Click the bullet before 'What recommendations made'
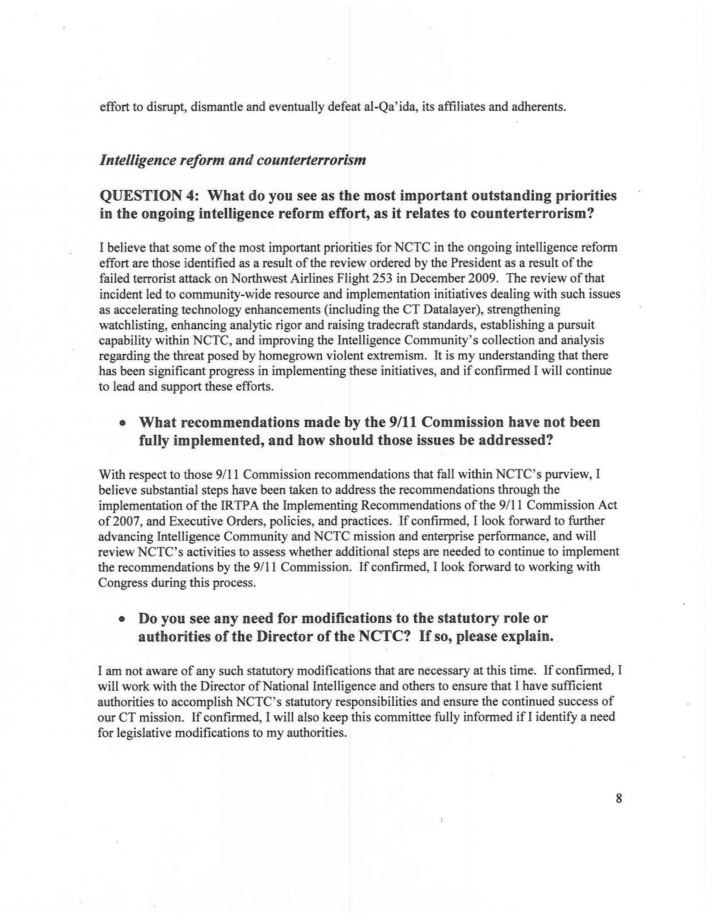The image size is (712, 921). click(122, 423)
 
